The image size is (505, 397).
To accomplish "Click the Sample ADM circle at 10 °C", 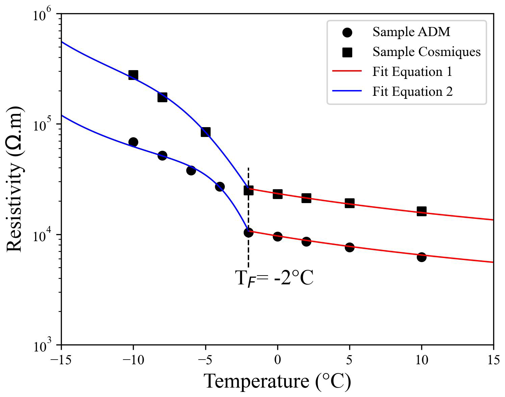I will (421, 257).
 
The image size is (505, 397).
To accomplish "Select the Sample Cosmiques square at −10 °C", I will (133, 75).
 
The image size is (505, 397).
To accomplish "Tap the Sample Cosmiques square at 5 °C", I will (350, 203).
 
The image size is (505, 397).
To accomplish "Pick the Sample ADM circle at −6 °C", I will (191, 170).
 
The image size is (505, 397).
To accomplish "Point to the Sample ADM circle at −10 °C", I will (133, 142).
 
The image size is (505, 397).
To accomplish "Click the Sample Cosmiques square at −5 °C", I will (206, 132).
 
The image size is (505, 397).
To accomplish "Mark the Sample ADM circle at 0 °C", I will (278, 236).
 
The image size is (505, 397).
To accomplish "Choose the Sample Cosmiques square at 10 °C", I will (421, 211).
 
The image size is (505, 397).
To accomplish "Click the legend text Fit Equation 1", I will (412, 72).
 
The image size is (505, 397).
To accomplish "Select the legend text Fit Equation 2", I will (412, 92).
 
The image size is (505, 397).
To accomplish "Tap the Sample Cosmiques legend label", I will (427, 52).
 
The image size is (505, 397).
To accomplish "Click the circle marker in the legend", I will (347, 32).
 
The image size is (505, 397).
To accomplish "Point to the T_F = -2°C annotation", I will (274, 279).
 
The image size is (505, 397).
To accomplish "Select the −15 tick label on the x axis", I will (61, 360).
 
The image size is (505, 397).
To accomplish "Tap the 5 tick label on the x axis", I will (350, 360).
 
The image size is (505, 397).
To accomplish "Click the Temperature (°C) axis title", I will (278, 381).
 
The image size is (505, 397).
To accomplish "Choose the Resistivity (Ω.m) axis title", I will (15, 179).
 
